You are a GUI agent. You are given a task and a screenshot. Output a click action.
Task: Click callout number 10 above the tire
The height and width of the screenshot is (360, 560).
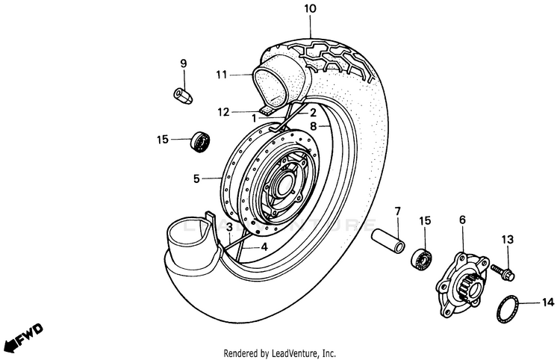pos(310,9)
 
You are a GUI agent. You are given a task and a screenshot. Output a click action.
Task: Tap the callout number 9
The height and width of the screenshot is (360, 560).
pos(182,64)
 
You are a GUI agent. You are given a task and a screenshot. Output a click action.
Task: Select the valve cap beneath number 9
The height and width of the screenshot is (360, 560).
pos(182,95)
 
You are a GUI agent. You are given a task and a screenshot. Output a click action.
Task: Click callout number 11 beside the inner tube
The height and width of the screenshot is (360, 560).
pos(221,74)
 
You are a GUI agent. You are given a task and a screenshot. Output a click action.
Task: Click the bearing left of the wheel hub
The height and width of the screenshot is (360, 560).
pos(199,140)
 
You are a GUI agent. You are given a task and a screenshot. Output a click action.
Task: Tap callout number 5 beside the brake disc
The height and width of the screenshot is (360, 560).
pos(196,179)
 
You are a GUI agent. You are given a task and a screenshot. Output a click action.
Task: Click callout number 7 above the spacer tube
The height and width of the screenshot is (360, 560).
pos(397,211)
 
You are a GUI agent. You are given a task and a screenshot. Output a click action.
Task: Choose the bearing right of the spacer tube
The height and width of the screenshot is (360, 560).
pos(423,257)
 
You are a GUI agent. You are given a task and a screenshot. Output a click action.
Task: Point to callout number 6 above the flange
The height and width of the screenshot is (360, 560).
pos(462,220)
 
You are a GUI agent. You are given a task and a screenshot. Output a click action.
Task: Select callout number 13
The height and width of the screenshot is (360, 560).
pos(508,240)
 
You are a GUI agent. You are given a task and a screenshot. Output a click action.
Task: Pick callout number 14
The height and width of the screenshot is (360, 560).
pos(548,302)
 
